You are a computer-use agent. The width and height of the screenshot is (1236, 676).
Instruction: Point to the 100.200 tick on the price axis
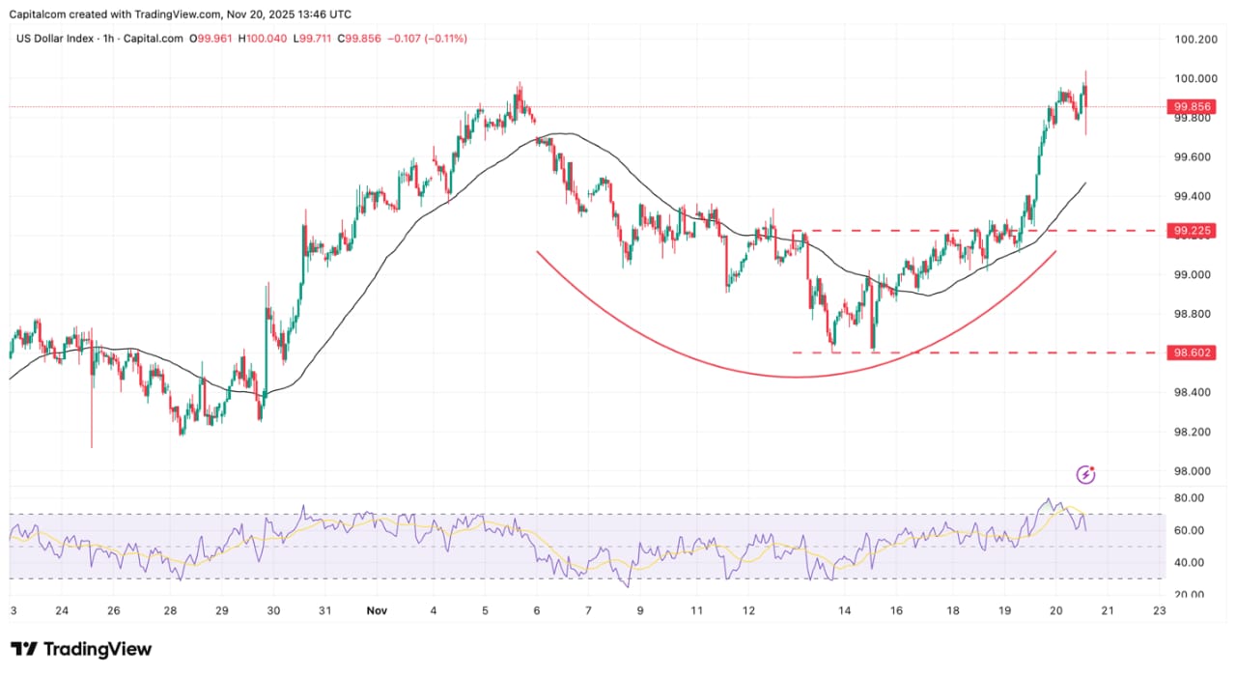tap(1194, 40)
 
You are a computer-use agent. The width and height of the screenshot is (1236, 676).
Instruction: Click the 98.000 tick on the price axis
tap(1193, 471)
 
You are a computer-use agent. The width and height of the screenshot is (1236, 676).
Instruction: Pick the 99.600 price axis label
tap(1193, 157)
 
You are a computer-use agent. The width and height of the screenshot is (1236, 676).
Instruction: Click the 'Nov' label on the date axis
tap(377, 610)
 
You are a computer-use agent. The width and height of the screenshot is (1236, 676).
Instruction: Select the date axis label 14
tap(844, 610)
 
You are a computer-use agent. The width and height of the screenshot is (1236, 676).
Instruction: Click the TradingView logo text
tap(96, 649)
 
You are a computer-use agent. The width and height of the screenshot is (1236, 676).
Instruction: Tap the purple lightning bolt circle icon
tap(1087, 474)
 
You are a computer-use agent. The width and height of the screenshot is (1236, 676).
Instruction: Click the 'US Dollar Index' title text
tap(55, 39)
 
